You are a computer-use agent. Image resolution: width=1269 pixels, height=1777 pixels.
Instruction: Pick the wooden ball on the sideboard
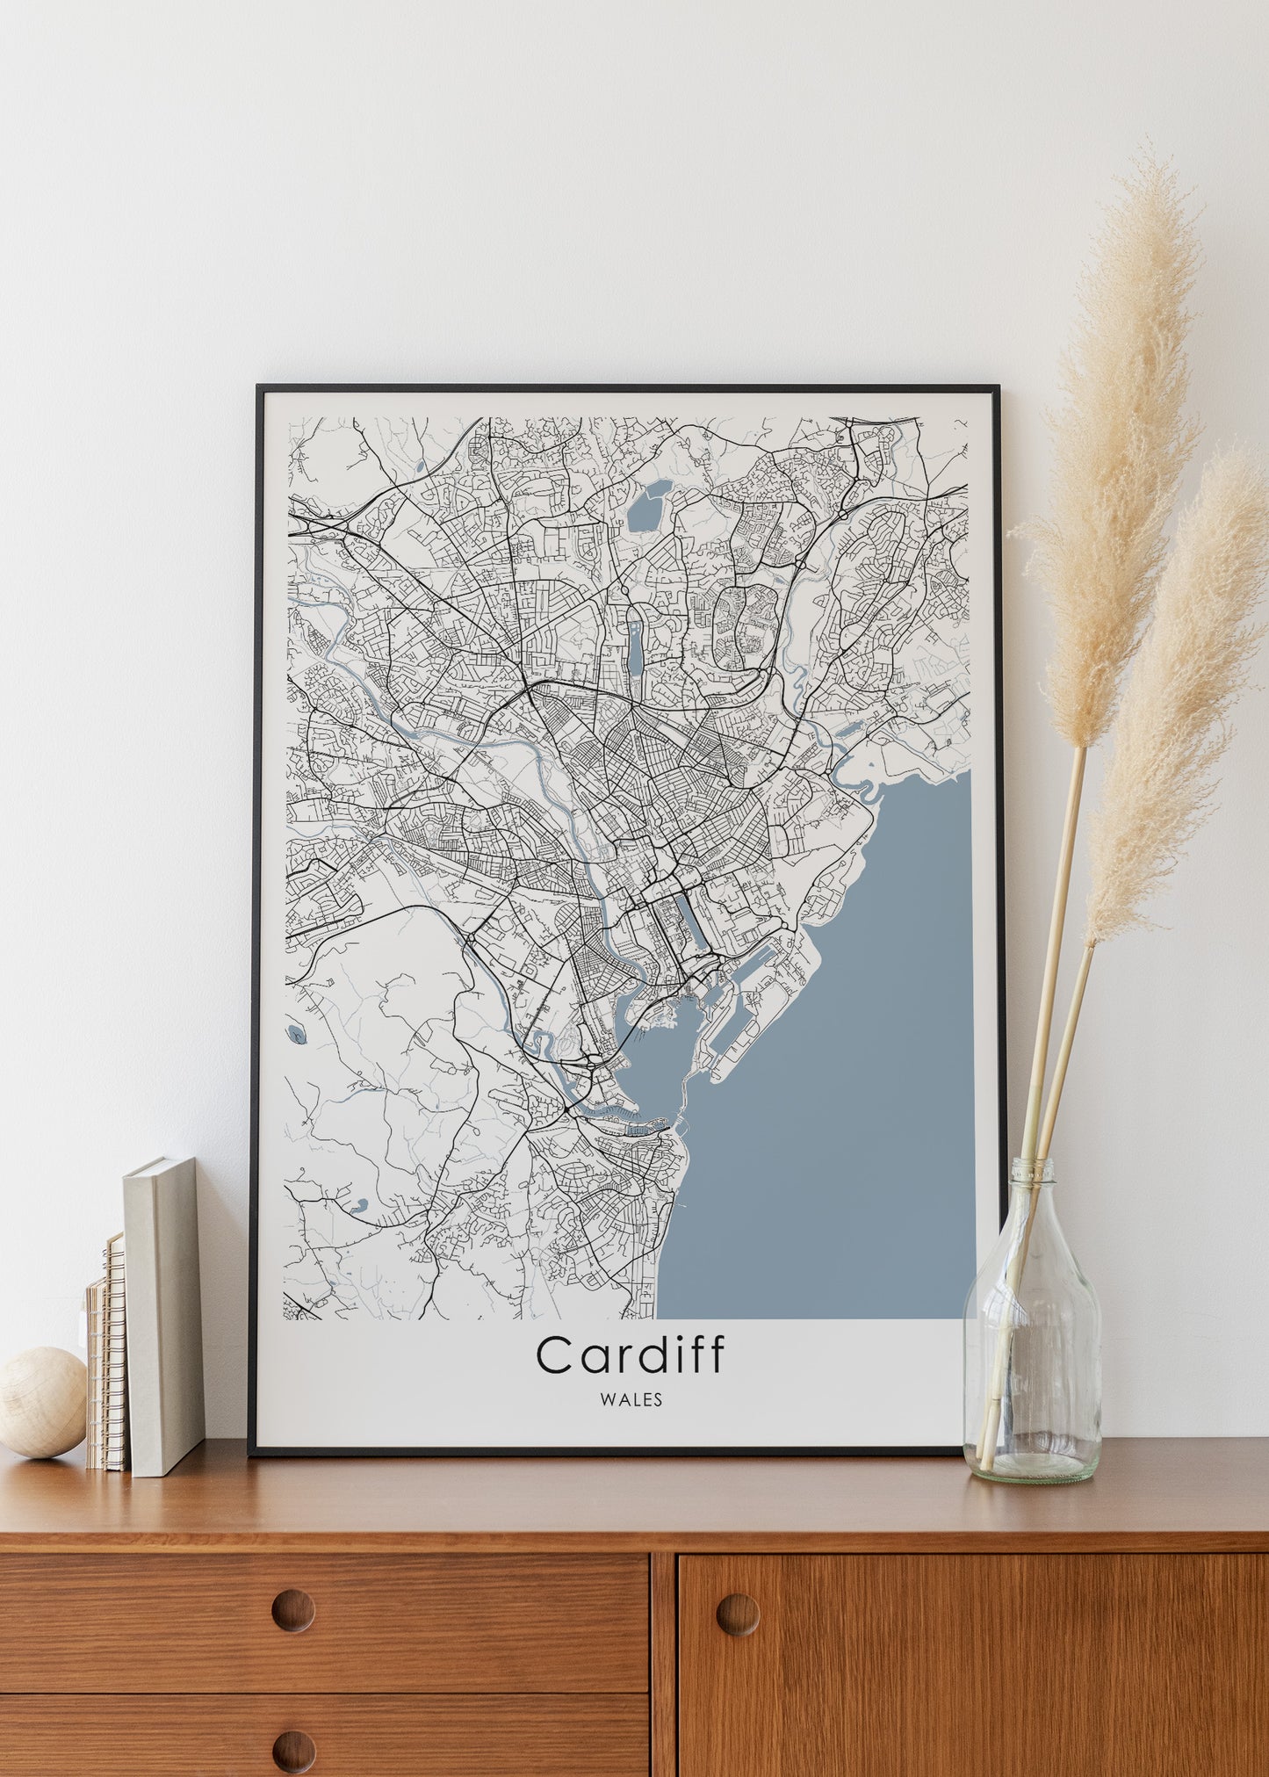point(41,1402)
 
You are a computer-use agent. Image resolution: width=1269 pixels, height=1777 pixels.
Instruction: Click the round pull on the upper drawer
point(292,1610)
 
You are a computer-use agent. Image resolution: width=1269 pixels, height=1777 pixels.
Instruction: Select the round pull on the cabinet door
point(738,1614)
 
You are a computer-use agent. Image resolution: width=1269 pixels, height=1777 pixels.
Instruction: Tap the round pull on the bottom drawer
point(292,1751)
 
